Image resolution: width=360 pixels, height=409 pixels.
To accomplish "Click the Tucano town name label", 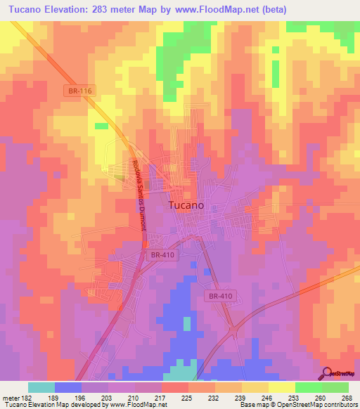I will click(x=186, y=205).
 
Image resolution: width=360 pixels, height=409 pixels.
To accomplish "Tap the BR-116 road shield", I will click(x=82, y=91).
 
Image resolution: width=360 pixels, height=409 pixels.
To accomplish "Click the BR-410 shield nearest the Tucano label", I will click(x=162, y=257).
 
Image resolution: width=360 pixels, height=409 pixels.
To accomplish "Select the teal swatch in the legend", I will click(x=41, y=387).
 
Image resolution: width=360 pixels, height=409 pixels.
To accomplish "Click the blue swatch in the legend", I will click(x=68, y=387).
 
